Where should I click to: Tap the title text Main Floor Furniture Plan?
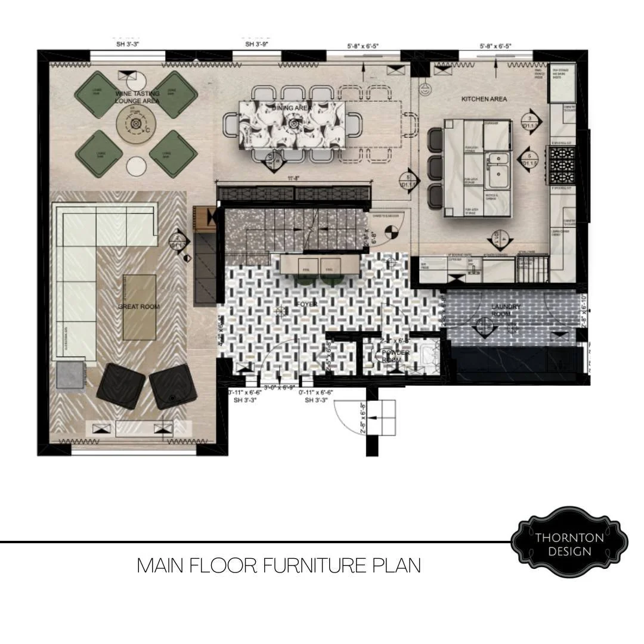(278, 565)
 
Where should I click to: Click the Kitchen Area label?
(484, 98)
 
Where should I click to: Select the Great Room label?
(139, 306)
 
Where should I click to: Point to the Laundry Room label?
(506, 310)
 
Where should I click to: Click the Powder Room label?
(395, 356)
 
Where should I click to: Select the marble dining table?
(292, 125)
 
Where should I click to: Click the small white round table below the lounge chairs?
(136, 166)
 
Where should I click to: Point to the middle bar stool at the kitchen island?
(436, 168)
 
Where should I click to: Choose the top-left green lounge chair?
(98, 94)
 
